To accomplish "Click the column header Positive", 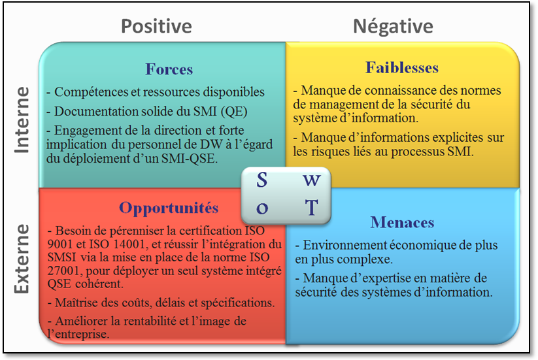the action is pos(156,27).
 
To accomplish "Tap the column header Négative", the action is pos(394,26).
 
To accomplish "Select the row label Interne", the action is pos(22,120).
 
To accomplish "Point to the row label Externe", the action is pos(22,259).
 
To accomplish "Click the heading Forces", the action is pos(169,69).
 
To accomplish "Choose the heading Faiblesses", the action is pos(402,67).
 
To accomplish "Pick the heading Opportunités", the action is pos(169,208).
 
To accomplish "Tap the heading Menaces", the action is pos(402,223).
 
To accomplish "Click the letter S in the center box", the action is pos(261,180).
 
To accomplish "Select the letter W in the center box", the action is pos(312,180).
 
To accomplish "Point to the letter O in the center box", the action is pos(262,208).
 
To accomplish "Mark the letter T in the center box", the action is pos(312,208).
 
